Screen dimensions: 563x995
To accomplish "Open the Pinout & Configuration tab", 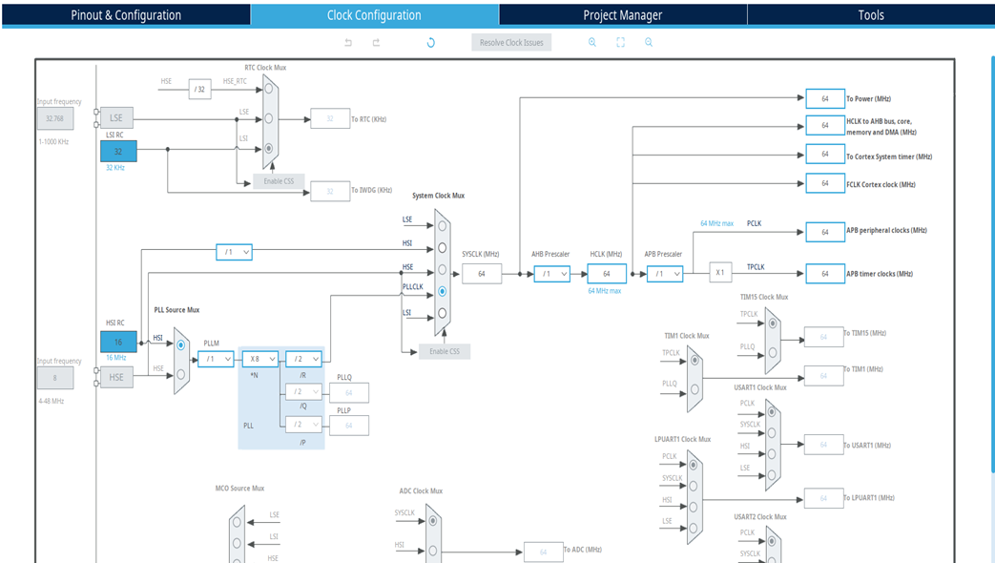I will tap(126, 15).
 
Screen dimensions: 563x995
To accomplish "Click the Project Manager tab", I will tap(622, 15).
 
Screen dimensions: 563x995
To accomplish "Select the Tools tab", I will tap(870, 15).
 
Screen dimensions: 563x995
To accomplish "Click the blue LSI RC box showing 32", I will tap(118, 151).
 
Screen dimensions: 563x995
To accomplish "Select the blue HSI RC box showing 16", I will tap(118, 342).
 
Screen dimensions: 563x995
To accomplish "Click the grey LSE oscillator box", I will tap(116, 118).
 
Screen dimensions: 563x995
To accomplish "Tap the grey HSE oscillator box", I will tap(116, 378).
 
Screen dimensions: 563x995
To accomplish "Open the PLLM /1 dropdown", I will tap(216, 360).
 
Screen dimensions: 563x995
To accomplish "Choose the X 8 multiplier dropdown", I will tap(259, 360).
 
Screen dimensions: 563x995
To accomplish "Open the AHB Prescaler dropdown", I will tap(551, 274).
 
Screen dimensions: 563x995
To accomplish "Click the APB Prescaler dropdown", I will tap(664, 274).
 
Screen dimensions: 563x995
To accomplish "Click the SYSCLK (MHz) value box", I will tap(482, 274).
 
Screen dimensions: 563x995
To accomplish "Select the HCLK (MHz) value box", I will tap(607, 274).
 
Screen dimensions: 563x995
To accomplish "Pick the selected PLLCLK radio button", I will tap(442, 291).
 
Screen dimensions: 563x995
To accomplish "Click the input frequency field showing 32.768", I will tap(54, 119).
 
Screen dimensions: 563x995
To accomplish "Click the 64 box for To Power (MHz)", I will tap(824, 98).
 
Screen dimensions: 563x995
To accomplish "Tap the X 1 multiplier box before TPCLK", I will tap(720, 273).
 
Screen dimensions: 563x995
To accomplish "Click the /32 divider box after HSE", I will tap(199, 89).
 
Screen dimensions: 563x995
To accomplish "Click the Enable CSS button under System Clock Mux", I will tap(445, 351).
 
